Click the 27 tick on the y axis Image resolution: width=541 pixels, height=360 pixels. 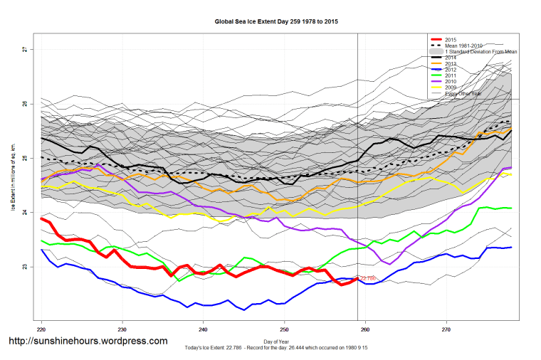tap(24, 49)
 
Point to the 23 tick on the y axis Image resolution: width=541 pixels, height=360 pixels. tap(24, 267)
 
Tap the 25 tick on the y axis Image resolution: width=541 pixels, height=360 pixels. tap(24, 158)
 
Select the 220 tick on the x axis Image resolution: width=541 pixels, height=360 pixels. tap(42, 329)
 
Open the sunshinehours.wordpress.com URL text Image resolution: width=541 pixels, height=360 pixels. tap(88, 342)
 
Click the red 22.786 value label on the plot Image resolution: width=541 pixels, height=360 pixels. tap(368, 279)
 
